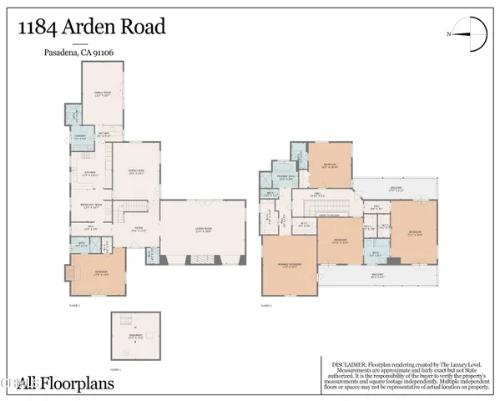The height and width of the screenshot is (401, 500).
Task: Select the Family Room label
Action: (x=103, y=94)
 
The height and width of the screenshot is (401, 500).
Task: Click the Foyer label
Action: (x=139, y=228)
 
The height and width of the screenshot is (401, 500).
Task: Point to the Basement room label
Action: (x=134, y=338)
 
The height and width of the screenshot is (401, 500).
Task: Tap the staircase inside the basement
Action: (x=128, y=322)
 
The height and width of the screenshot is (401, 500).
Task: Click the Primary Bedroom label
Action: (x=289, y=267)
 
